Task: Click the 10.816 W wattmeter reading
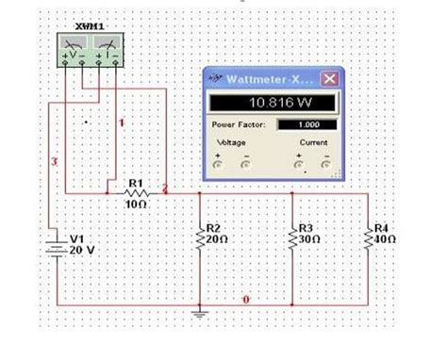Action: coord(273,103)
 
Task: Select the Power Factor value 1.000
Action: coord(306,123)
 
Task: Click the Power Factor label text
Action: coord(239,123)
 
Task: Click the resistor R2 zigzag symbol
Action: coord(200,239)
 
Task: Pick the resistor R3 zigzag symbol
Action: coord(292,239)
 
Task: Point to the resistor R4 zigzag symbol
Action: coord(369,239)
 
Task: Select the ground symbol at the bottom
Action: coord(200,313)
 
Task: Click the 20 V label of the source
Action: coord(82,250)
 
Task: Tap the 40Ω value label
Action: coord(385,239)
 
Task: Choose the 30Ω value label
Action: coord(307,239)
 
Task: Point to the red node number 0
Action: coord(246,300)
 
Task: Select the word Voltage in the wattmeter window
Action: coord(231,142)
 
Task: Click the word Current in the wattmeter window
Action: coord(313,142)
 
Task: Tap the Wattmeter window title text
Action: coord(273,78)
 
